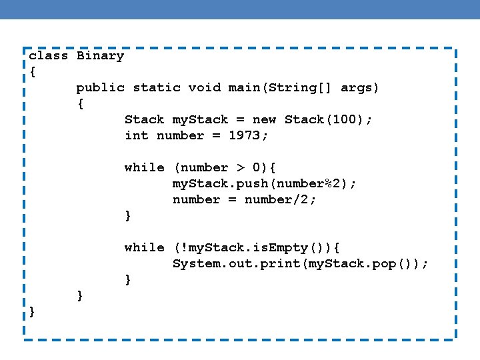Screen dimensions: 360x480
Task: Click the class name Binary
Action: [x=100, y=56]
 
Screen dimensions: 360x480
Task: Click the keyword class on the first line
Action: [x=49, y=56]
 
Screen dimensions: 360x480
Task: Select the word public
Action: [x=100, y=88]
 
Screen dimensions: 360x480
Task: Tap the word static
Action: [x=157, y=88]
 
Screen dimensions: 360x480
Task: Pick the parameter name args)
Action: [x=360, y=88]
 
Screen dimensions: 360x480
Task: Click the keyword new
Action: [x=264, y=120]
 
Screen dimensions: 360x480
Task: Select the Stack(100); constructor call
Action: [x=329, y=120]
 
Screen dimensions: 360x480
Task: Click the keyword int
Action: [x=137, y=136]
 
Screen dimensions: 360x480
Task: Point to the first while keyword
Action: [x=144, y=168]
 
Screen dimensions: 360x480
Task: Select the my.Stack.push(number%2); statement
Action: [x=265, y=184]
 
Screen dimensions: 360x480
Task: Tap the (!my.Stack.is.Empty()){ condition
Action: [x=257, y=248]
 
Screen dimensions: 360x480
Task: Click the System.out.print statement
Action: [x=300, y=264]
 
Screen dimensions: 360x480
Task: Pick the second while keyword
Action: [x=144, y=248]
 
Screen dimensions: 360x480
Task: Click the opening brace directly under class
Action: [x=33, y=72]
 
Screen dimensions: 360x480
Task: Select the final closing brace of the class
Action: [x=33, y=312]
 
